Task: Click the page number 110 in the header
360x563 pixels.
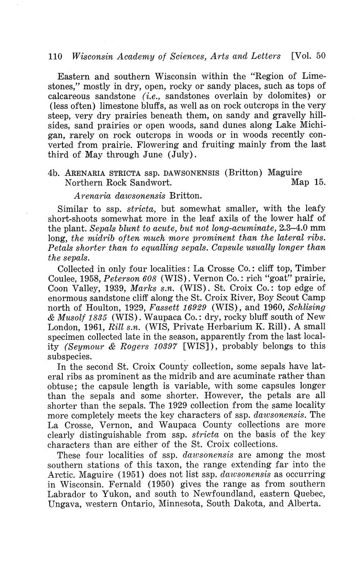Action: pos(55,56)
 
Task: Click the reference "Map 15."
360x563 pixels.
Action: pos(308,182)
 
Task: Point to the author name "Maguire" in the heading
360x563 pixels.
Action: pos(285,172)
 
